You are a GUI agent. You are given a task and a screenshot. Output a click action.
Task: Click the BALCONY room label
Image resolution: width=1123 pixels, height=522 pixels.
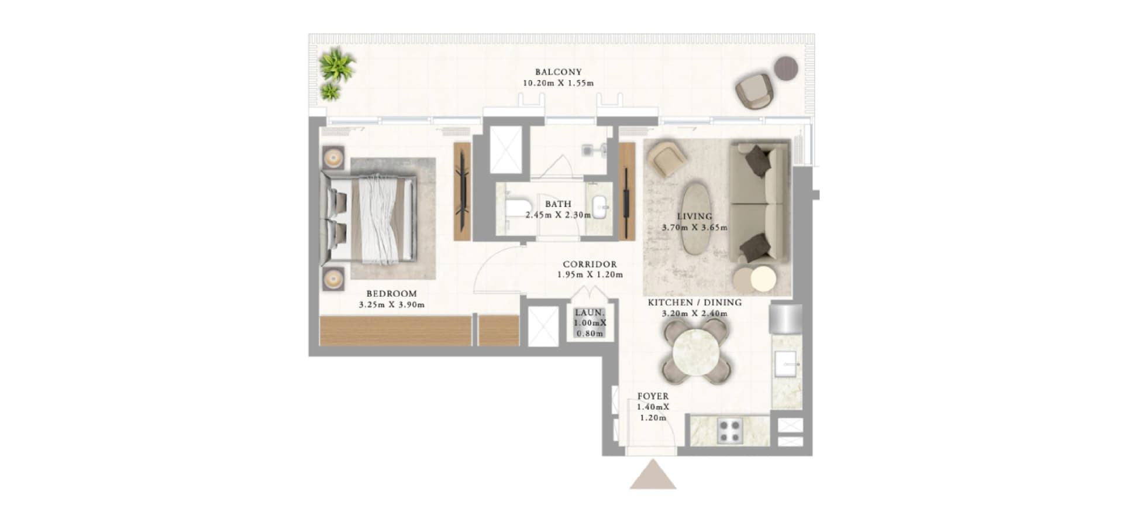coord(558,72)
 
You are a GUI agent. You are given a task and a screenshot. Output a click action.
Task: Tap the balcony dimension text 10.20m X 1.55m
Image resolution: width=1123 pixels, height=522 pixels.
coord(558,83)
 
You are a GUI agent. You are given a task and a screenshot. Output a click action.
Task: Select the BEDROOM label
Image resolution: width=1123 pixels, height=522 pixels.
coord(391,294)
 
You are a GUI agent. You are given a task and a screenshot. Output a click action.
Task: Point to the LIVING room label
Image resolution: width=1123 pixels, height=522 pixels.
coord(694,217)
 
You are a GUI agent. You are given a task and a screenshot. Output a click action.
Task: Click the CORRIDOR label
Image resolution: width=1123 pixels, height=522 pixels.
coord(590,265)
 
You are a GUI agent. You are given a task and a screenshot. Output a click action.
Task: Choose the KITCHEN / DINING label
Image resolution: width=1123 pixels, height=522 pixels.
coord(694,303)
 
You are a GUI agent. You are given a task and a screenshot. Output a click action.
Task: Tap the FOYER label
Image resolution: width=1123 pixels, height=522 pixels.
coord(653,396)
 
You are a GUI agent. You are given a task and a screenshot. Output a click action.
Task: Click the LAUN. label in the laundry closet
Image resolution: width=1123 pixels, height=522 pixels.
coord(589,313)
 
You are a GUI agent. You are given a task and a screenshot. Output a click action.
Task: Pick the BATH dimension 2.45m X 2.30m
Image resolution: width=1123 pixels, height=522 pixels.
coord(558,215)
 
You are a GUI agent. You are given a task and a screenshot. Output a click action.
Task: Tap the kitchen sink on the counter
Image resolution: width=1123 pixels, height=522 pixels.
coord(787,363)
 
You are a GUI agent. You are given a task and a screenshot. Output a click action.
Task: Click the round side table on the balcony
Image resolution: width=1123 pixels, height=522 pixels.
coord(786,68)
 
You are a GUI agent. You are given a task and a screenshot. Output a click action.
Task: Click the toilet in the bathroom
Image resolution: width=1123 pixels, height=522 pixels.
coord(515,208)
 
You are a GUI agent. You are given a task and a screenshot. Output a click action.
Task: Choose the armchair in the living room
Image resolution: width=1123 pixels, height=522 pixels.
coord(667,157)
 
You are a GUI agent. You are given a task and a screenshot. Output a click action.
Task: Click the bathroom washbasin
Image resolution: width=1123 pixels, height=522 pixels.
coord(600,206)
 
